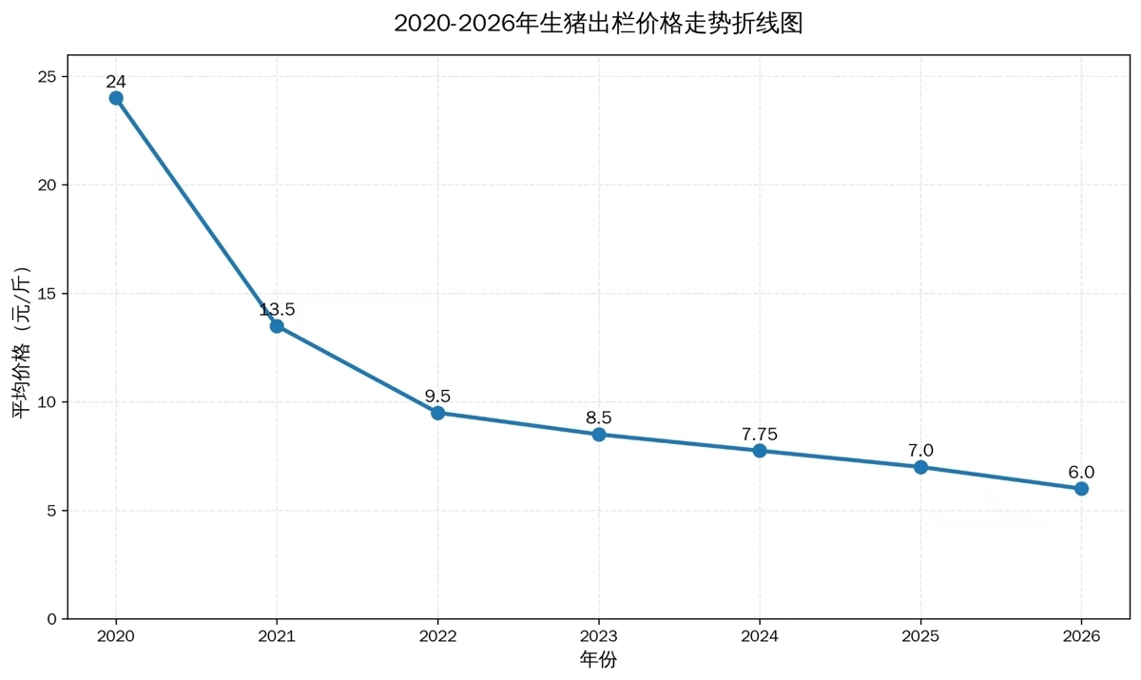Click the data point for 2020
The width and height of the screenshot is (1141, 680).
tap(116, 98)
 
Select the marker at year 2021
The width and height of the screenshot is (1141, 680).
tap(277, 326)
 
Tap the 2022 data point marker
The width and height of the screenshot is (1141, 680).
tap(437, 413)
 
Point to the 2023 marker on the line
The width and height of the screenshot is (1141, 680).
tap(599, 435)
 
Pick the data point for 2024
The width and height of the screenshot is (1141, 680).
tap(760, 451)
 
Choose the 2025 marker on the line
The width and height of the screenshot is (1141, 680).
tap(920, 467)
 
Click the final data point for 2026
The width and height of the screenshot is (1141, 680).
tap(1081, 489)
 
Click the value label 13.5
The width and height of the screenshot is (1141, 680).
tap(277, 309)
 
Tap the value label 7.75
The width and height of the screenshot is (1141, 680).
tap(760, 434)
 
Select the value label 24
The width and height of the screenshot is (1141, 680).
tap(116, 82)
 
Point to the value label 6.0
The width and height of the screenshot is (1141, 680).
tap(1081, 472)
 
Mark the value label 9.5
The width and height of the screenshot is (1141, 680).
tap(437, 396)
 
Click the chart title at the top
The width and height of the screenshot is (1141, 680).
tap(598, 24)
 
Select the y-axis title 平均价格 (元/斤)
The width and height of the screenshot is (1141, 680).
tap(22, 343)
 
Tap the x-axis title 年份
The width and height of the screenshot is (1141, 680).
tap(598, 659)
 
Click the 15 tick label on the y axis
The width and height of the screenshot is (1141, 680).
tap(48, 294)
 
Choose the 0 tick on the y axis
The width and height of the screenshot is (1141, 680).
tap(53, 619)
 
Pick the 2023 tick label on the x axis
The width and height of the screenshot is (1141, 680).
tap(599, 636)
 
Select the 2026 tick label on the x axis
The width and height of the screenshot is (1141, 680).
tap(1081, 636)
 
